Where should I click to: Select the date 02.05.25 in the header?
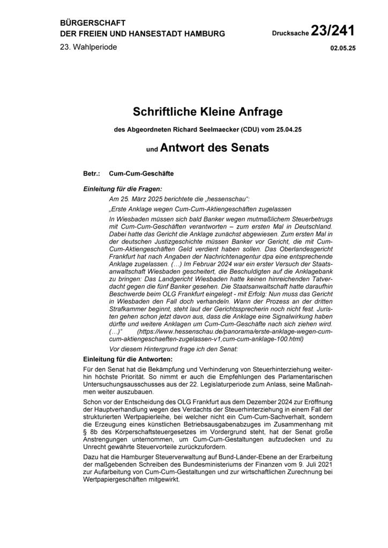[x=343, y=48]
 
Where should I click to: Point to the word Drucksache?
[x=291, y=34]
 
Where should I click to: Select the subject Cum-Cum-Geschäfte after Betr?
[x=141, y=174]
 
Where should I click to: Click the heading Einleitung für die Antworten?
[x=127, y=357]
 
